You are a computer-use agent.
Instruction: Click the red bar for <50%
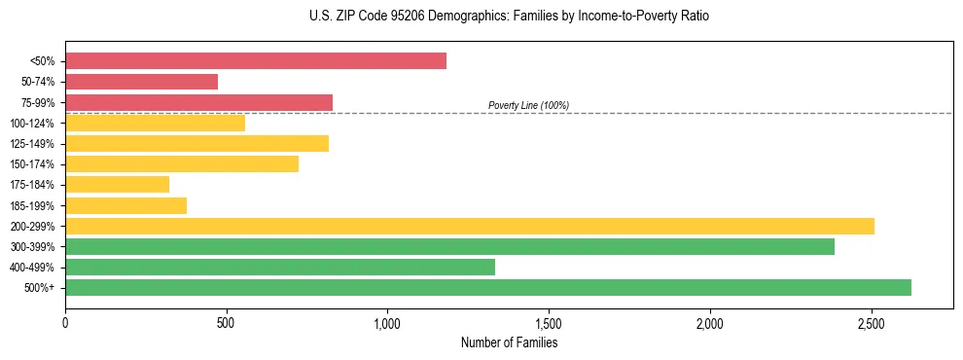(256, 61)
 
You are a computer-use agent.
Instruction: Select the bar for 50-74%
(142, 82)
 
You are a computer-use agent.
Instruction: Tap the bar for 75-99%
(199, 102)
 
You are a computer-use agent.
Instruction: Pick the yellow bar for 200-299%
(470, 226)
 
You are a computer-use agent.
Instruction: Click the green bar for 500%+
(488, 287)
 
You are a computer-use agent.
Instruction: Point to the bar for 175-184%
(118, 184)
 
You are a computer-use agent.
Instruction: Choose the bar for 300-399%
(450, 246)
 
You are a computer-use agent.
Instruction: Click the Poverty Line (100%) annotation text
(528, 105)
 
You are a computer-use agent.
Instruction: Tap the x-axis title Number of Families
(509, 342)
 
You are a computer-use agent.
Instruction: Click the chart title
(509, 17)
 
